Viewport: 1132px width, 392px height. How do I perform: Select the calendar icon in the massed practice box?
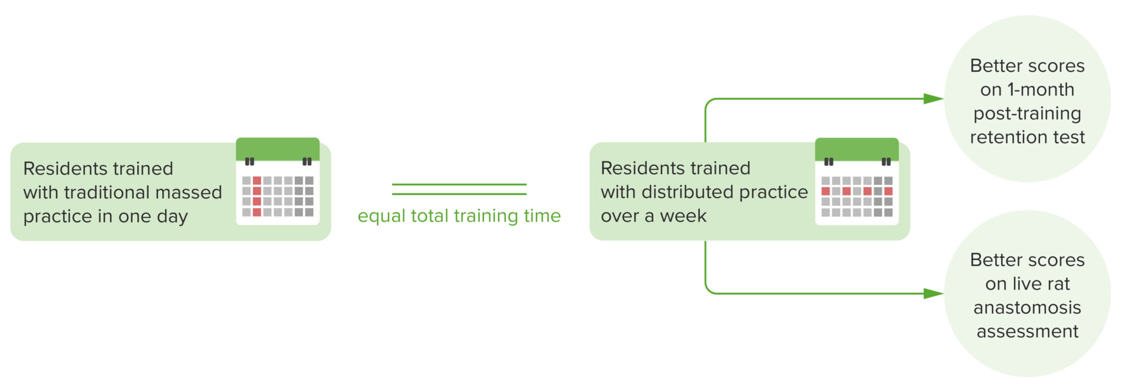[278, 182]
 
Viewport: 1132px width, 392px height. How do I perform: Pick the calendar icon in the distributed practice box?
[857, 182]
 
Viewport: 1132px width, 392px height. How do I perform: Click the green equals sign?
[459, 189]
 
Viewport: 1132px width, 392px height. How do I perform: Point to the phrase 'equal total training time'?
[459, 216]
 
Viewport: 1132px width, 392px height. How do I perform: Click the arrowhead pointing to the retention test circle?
[933, 99]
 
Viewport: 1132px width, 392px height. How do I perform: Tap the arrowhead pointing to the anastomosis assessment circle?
[933, 293]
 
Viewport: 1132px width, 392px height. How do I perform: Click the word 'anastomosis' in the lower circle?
[1027, 308]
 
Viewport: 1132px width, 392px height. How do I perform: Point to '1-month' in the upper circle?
[1041, 90]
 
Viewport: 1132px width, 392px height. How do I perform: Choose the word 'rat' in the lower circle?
[1058, 284]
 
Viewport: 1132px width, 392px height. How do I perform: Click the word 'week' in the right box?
[683, 216]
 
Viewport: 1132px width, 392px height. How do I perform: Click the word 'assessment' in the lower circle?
[1027, 332]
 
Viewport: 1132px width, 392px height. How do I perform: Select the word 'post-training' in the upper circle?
[1027, 113]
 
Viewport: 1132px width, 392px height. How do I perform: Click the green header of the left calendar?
[278, 148]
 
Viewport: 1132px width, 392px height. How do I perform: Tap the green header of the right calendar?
[857, 148]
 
